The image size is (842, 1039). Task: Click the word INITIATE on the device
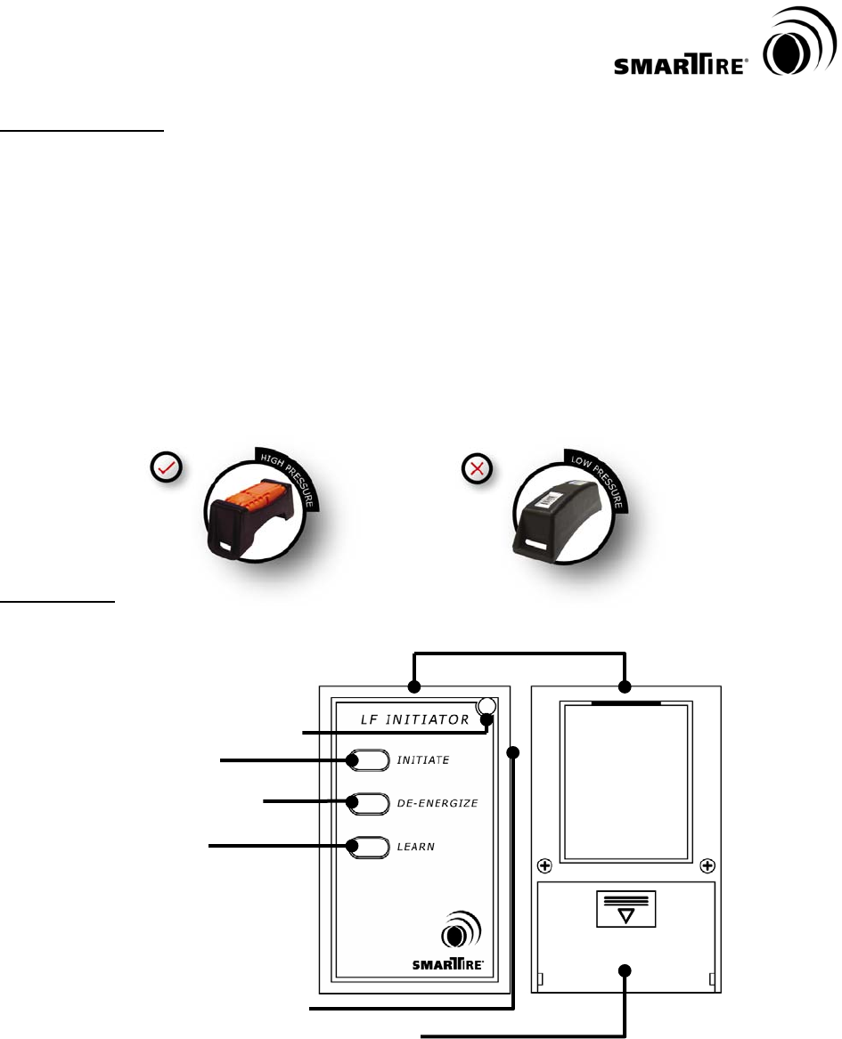422,760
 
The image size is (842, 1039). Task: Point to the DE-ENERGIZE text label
437,803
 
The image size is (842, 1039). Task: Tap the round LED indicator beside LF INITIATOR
486,708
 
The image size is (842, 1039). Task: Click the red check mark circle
167,467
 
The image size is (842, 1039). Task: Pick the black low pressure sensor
560,507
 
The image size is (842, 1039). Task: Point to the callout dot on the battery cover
625,970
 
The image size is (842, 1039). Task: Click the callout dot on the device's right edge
513,754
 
